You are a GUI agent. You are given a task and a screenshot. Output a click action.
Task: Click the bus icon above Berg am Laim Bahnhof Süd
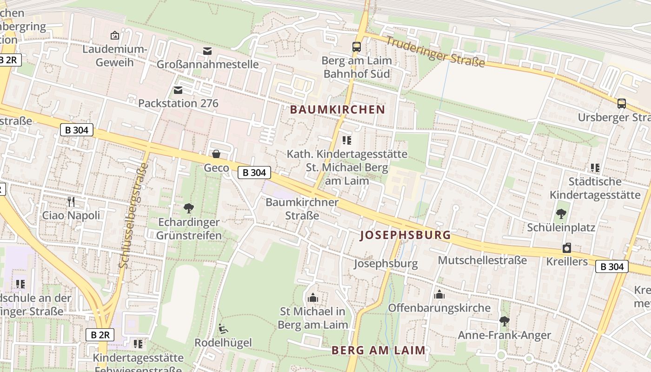click(x=357, y=47)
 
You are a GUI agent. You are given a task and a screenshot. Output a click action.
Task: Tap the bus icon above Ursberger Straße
click(x=622, y=103)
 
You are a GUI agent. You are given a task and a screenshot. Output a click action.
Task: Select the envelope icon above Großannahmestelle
click(x=207, y=51)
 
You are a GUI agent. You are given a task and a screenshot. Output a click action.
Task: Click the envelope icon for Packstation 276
click(x=178, y=90)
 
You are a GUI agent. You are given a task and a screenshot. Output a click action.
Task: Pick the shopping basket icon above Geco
click(x=216, y=154)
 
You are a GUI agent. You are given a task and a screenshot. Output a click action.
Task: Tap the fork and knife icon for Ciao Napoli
click(x=71, y=201)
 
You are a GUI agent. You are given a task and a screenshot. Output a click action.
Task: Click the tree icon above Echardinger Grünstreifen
click(x=189, y=208)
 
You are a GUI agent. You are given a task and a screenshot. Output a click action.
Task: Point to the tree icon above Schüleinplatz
click(x=561, y=214)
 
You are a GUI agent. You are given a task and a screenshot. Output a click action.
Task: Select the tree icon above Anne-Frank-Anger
click(x=504, y=321)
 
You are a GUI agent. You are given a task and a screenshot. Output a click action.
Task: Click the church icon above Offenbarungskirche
click(x=439, y=294)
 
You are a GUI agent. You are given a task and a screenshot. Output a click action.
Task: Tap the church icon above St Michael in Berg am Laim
click(x=313, y=297)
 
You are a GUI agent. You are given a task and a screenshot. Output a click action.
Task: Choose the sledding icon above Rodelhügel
click(x=223, y=329)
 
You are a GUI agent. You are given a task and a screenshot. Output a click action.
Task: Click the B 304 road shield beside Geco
click(x=254, y=173)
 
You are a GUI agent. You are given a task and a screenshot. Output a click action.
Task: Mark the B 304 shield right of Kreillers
click(x=612, y=266)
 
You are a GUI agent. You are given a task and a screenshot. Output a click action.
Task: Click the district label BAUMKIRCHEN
click(x=338, y=110)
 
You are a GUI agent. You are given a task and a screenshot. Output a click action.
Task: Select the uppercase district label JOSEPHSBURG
click(x=405, y=235)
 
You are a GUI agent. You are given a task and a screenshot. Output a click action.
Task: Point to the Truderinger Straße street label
click(x=435, y=51)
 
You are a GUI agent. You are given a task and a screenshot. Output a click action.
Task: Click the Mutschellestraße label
click(x=482, y=260)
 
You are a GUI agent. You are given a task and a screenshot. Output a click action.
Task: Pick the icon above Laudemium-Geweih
click(x=114, y=35)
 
